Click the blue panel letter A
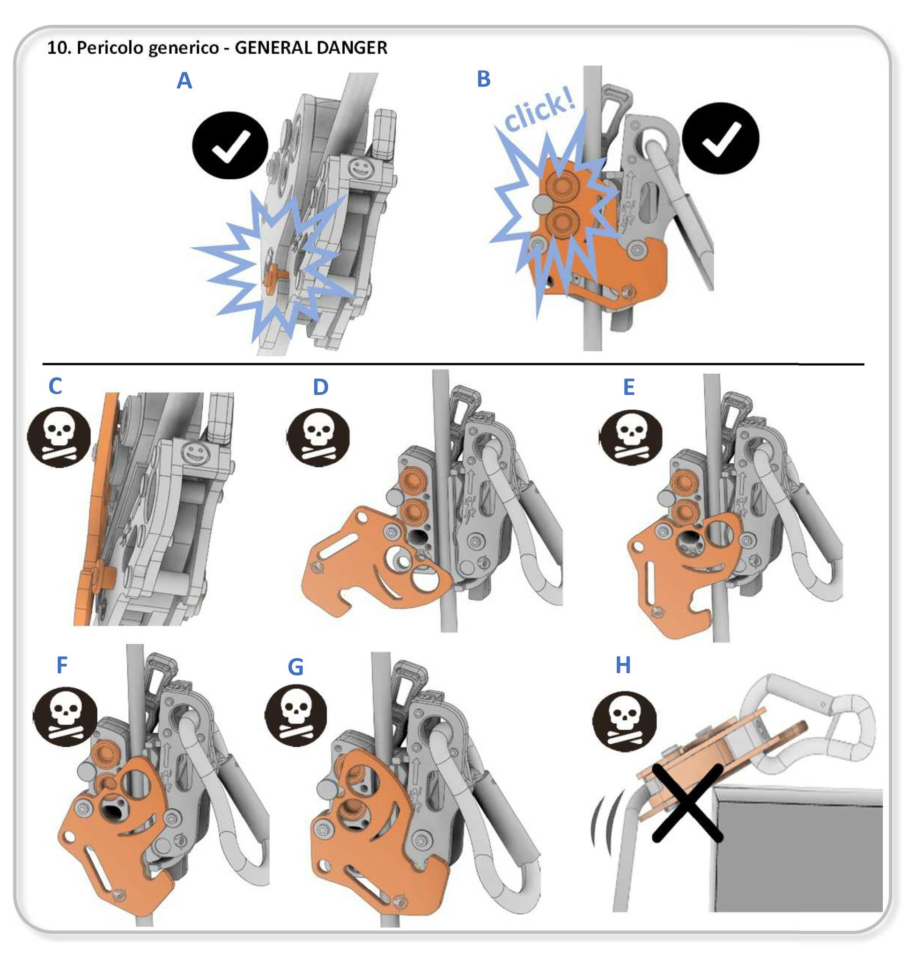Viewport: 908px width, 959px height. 185,81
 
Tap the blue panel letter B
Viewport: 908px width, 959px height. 484,79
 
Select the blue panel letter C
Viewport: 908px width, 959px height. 55,386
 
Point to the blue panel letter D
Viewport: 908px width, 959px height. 320,387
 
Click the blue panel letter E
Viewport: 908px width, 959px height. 628,387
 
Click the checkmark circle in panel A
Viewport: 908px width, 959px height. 230,145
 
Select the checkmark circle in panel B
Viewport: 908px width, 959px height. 720,138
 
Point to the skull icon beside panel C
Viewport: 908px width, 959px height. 59,437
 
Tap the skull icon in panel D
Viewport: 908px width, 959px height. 318,437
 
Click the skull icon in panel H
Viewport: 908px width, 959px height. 624,720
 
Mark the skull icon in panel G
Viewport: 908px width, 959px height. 296,715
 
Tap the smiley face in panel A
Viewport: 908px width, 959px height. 359,169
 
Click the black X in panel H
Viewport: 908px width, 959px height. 687,803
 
